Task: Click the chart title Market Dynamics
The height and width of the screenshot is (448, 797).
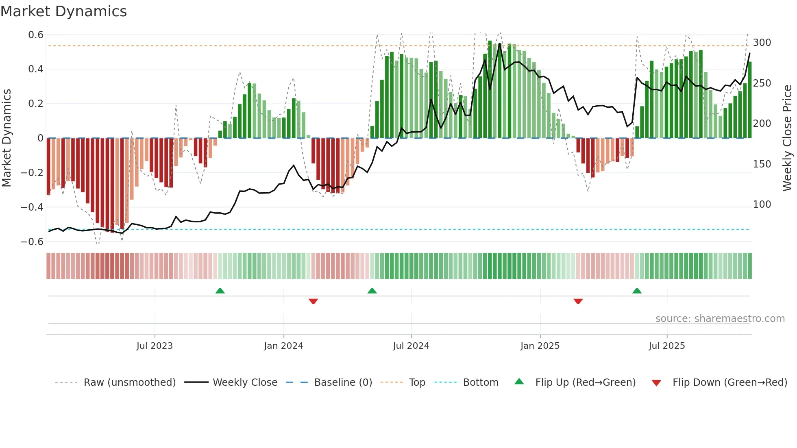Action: pyautogui.click(x=63, y=11)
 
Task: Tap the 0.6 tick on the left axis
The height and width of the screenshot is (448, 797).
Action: pyautogui.click(x=36, y=35)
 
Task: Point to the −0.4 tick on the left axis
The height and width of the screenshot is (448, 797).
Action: pyautogui.click(x=32, y=207)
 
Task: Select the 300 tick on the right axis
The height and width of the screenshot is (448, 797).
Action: pyautogui.click(x=762, y=43)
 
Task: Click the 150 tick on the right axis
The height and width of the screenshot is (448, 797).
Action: pyautogui.click(x=762, y=164)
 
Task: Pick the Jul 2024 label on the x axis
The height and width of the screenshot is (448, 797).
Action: pyautogui.click(x=411, y=346)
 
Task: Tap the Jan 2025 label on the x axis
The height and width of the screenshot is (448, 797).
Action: pyautogui.click(x=540, y=346)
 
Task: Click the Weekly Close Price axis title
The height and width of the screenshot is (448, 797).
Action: pyautogui.click(x=787, y=138)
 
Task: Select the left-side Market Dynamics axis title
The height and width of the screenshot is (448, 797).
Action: pyautogui.click(x=7, y=138)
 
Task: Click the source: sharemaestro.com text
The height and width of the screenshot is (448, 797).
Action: pyautogui.click(x=720, y=319)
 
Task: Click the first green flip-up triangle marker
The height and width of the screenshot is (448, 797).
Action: pyautogui.click(x=220, y=291)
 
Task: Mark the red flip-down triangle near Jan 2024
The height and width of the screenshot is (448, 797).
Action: pyautogui.click(x=313, y=301)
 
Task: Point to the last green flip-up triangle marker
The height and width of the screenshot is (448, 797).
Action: pyautogui.click(x=637, y=291)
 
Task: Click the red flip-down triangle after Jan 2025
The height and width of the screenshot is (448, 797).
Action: pyautogui.click(x=578, y=301)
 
